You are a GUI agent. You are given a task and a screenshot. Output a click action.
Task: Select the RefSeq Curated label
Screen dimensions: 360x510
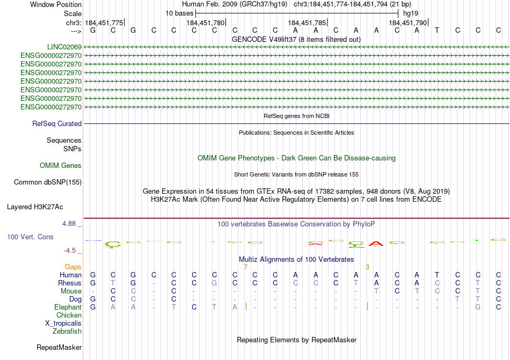tap(57, 123)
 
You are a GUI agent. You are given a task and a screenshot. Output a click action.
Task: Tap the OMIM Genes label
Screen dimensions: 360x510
tap(61, 165)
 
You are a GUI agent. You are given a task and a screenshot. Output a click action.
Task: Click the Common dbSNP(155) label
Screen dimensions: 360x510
tap(47, 182)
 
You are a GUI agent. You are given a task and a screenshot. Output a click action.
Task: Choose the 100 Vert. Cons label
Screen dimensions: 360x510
tap(30, 237)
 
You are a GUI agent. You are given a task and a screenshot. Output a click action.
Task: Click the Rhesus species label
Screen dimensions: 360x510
tap(70, 283)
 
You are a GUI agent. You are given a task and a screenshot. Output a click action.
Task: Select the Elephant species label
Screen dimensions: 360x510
tap(68, 307)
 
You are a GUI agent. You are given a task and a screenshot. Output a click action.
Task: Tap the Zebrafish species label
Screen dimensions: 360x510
tap(67, 331)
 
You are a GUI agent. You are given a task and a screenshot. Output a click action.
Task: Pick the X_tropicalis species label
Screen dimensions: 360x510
tap(63, 323)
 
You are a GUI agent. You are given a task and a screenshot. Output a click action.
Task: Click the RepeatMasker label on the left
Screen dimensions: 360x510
tap(59, 347)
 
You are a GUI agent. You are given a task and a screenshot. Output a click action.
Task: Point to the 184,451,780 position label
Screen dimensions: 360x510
tap(205, 23)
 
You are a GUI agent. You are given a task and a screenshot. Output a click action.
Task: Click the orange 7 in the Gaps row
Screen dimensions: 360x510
tap(245, 267)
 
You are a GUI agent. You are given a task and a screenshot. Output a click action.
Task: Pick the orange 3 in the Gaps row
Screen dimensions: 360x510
tap(367, 267)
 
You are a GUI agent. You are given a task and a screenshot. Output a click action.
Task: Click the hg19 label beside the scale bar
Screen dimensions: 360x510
tap(411, 13)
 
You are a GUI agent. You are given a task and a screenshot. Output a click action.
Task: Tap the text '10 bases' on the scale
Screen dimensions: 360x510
tap(179, 13)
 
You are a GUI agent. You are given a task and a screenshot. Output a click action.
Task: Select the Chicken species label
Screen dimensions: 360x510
tap(69, 315)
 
